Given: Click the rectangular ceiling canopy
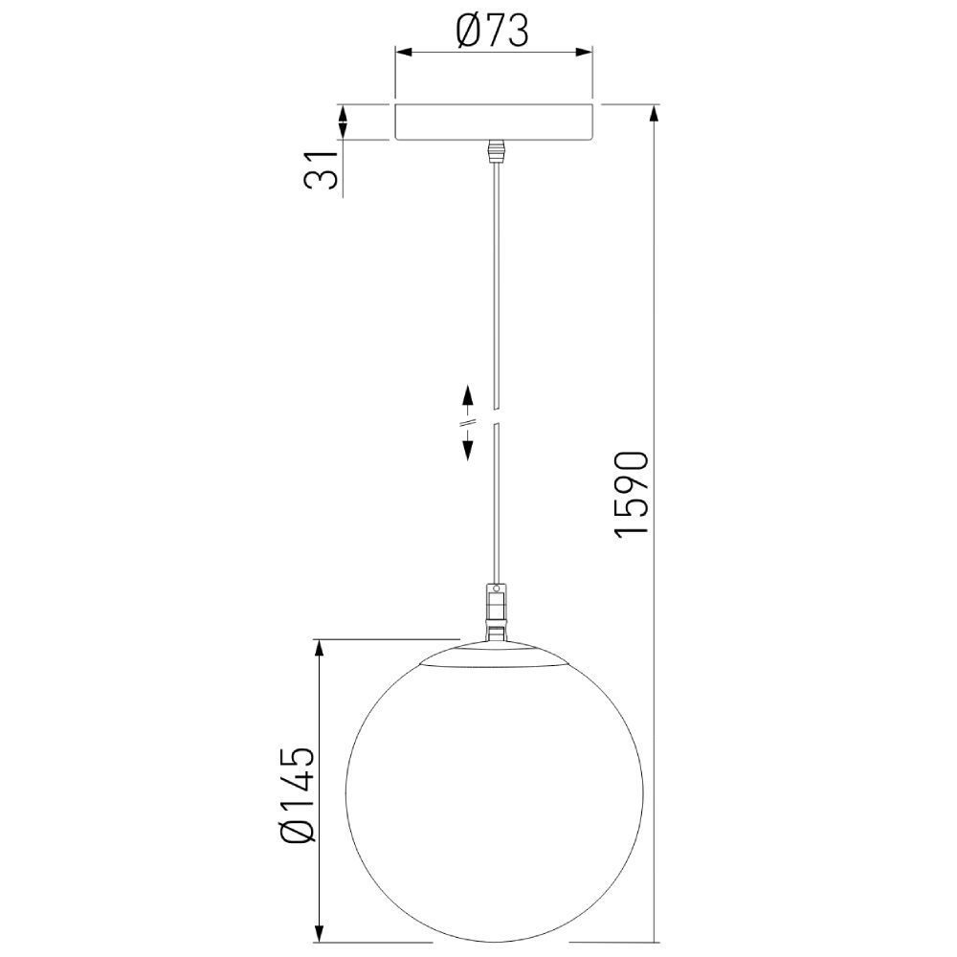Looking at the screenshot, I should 494,122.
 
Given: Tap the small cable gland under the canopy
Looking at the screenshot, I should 495,152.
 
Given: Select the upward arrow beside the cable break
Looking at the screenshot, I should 468,396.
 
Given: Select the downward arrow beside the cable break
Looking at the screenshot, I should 468,449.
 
